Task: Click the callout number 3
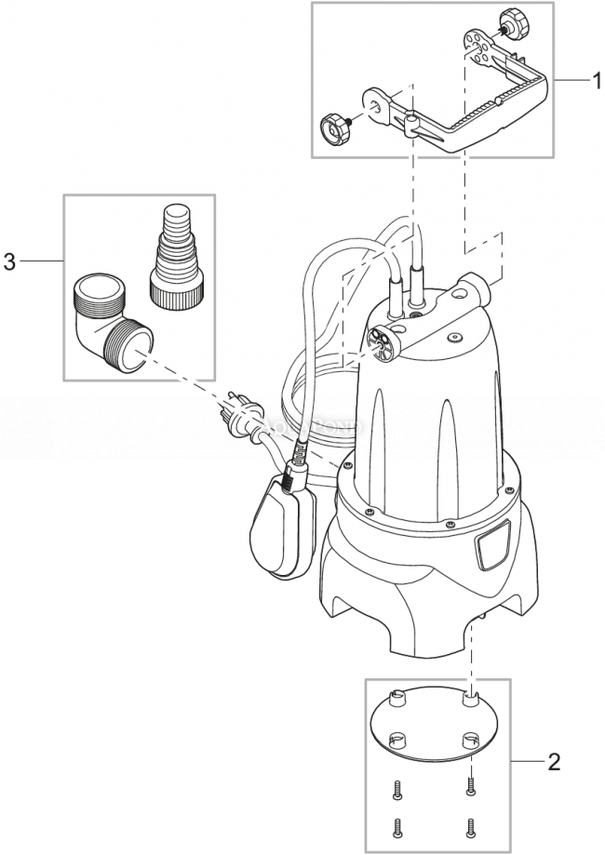(x=10, y=262)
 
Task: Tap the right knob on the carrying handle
(x=512, y=20)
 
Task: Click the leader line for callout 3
(x=42, y=262)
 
